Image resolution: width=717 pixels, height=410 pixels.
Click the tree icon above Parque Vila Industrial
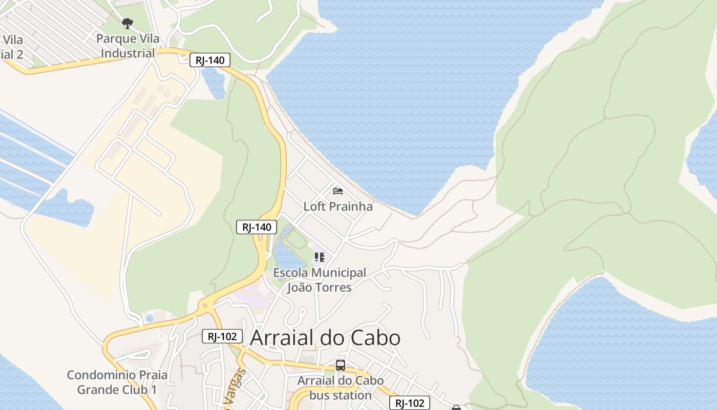[x=128, y=23]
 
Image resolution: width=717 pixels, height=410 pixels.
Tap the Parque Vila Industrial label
[x=128, y=46]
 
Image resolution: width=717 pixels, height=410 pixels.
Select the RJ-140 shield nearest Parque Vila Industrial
[x=210, y=60]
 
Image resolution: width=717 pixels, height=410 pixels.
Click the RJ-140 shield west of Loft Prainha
[x=257, y=227]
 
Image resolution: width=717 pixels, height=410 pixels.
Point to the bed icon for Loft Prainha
[x=338, y=191]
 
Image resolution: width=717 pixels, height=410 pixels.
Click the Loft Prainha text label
[x=338, y=207]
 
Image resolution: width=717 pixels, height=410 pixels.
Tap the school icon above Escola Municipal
[x=320, y=257]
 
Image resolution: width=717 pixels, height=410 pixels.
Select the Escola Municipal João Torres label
[x=320, y=280]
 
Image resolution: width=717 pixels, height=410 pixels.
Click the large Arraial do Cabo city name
[x=325, y=338]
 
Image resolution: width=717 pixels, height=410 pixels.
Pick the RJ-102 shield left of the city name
[x=222, y=336]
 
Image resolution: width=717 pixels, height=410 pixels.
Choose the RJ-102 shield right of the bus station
[x=410, y=403]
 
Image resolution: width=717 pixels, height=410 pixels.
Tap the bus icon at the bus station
[x=341, y=365]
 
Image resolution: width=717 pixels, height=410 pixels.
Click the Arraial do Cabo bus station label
[x=341, y=388]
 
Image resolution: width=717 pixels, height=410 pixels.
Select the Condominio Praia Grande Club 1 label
[x=117, y=382]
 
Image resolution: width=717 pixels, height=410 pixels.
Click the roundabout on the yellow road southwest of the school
[x=205, y=306]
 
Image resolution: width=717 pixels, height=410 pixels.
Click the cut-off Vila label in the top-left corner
[x=11, y=47]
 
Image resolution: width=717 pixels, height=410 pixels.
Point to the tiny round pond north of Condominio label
[x=150, y=318]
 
